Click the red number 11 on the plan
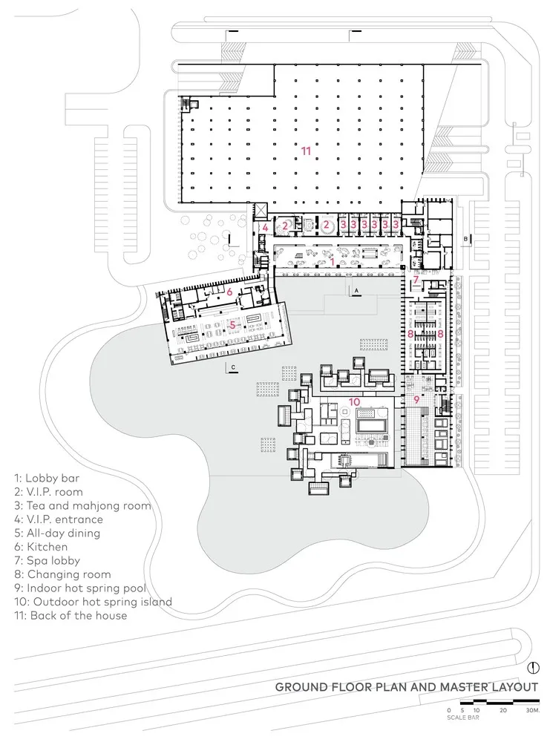(x=306, y=151)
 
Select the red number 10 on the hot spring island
(x=354, y=402)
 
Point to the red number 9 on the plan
(x=416, y=400)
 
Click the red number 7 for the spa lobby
(x=416, y=280)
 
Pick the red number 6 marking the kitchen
(x=230, y=292)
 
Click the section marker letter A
(x=356, y=289)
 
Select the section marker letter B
(x=465, y=239)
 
